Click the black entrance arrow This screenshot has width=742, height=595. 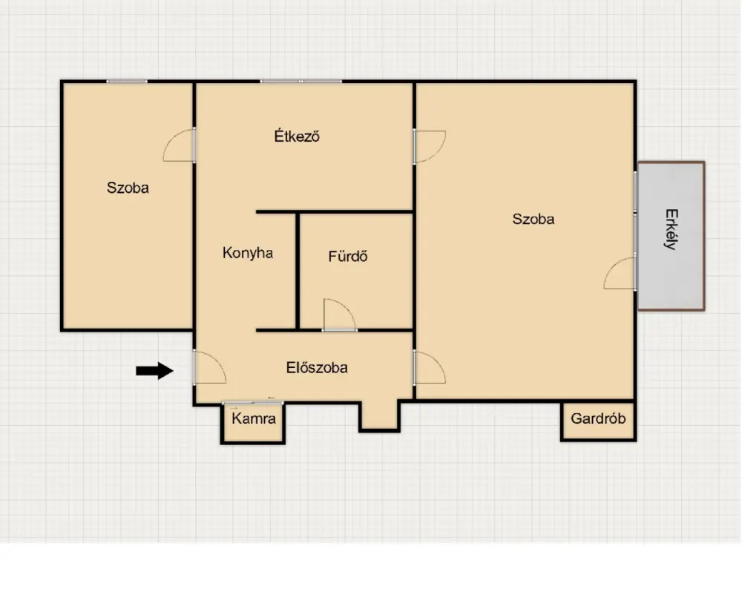coord(155,371)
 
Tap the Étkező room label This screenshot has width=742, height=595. coord(297,136)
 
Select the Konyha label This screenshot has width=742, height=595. coord(248,253)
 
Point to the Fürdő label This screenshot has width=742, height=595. coord(348,256)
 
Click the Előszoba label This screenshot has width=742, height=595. coord(317,367)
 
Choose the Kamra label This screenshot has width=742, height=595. coord(254,418)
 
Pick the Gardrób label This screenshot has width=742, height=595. coord(598,418)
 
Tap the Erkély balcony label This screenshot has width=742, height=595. coord(672,229)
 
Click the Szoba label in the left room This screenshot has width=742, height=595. coord(128,188)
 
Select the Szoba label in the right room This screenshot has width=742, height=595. coord(533,219)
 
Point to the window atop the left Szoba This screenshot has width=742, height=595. coord(127,82)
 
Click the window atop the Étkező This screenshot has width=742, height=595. coord(301,82)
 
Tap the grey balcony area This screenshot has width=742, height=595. coord(671,236)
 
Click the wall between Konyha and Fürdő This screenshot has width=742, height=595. coord(298,271)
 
